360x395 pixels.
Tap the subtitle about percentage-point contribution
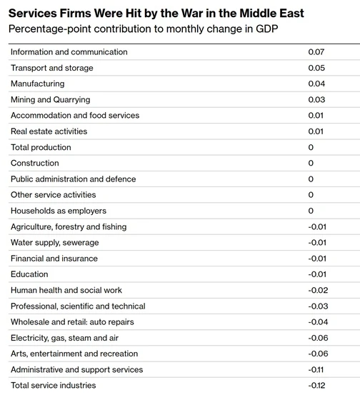tap(143, 29)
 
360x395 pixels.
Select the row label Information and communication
tap(69, 52)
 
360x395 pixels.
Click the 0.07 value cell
tap(316, 52)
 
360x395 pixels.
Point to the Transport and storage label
tap(52, 68)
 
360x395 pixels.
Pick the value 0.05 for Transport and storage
tap(316, 68)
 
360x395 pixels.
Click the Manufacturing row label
tap(38, 84)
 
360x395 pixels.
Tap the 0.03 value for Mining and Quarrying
tap(316, 99)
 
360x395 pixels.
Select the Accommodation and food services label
tap(75, 116)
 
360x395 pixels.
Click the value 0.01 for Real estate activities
tap(316, 131)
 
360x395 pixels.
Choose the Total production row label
tap(41, 147)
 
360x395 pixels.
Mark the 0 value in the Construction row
tap(311, 163)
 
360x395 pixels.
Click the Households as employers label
tap(59, 211)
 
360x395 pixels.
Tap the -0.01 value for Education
tap(317, 274)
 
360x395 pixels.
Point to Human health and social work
tap(66, 290)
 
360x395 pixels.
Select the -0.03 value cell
tap(318, 306)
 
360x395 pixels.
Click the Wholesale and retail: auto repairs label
tap(72, 322)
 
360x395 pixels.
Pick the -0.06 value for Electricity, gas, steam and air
tap(318, 338)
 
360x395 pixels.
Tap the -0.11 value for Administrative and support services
tap(316, 369)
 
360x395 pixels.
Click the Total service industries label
tap(54, 386)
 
